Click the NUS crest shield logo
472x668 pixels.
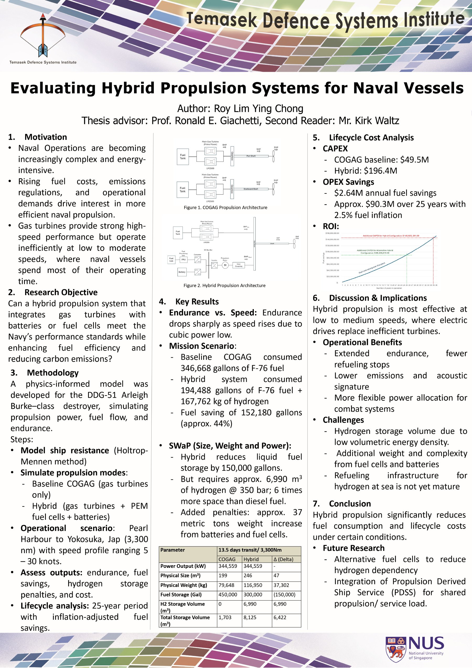click(x=396, y=649)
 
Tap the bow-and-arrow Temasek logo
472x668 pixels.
click(x=43, y=36)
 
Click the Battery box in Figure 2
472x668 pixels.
click(x=182, y=272)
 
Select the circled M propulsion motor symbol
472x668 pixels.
click(x=225, y=265)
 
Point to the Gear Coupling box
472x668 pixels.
click(x=239, y=265)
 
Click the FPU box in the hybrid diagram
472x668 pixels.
click(x=183, y=259)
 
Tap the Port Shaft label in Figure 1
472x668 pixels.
click(x=251, y=156)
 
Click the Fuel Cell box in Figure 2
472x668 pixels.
click(x=171, y=259)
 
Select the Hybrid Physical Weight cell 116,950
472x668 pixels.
click(x=253, y=585)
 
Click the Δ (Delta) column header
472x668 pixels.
click(x=283, y=559)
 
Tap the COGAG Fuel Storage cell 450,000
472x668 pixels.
click(x=228, y=595)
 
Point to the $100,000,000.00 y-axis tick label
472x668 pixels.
click(x=332, y=251)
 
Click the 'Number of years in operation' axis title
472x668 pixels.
click(x=389, y=288)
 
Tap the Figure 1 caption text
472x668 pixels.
click(x=225, y=207)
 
